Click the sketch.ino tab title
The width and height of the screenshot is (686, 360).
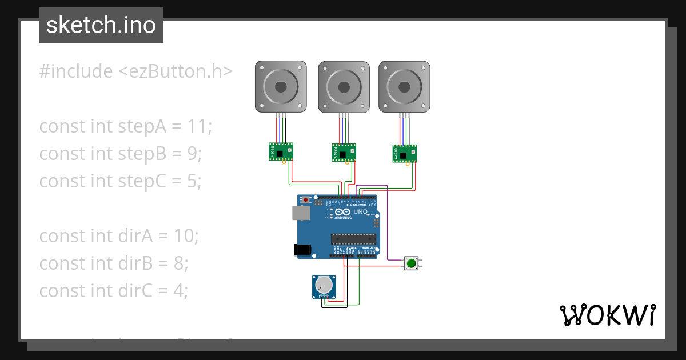tap(101, 25)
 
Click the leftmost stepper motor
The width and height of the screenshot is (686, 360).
tap(280, 86)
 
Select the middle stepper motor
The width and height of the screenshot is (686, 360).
tap(343, 86)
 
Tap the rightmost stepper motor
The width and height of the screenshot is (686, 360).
tap(404, 86)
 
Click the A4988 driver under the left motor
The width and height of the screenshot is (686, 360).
tap(281, 151)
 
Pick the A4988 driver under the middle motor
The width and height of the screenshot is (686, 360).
tap(343, 153)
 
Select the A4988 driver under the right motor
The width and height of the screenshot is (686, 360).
tap(404, 153)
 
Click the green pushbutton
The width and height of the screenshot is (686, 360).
tap(411, 263)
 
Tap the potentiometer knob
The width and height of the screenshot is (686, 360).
tap(324, 284)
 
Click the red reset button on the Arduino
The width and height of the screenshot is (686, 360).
tap(306, 199)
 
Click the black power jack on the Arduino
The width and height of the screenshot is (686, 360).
tap(302, 249)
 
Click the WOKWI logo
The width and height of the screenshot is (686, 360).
tap(607, 315)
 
